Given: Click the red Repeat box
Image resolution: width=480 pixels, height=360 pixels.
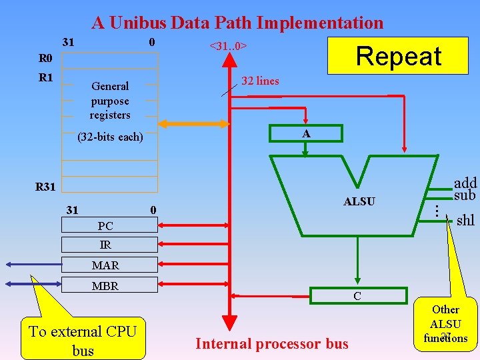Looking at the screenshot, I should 397,57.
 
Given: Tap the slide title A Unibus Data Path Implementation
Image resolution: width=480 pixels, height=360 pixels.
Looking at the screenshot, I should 238,23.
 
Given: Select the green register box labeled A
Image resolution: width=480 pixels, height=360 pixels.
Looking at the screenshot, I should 305,133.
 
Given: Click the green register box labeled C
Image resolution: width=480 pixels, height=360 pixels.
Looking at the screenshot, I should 358,296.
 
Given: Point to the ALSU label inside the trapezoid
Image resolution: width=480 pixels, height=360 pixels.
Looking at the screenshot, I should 359,201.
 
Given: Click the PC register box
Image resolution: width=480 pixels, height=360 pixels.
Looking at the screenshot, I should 109,227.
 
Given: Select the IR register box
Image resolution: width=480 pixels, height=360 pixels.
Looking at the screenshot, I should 109,245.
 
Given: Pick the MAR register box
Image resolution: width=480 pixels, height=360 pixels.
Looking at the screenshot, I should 109,265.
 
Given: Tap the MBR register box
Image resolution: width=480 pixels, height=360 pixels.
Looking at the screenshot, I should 109,286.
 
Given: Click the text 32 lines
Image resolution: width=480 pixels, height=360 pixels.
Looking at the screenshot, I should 260,81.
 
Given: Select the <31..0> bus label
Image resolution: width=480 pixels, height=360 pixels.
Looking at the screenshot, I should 229,46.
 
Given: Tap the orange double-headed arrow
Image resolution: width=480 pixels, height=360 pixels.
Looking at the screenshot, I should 193,123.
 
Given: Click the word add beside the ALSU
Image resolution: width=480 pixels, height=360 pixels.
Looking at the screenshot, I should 465,183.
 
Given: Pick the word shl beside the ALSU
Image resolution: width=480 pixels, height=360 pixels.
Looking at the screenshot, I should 465,220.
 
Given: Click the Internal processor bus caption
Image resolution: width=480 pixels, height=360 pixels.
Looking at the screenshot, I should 271,344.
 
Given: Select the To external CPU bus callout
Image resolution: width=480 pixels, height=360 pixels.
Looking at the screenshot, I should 83,340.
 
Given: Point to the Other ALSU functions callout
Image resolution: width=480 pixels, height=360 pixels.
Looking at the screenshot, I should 446,324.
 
